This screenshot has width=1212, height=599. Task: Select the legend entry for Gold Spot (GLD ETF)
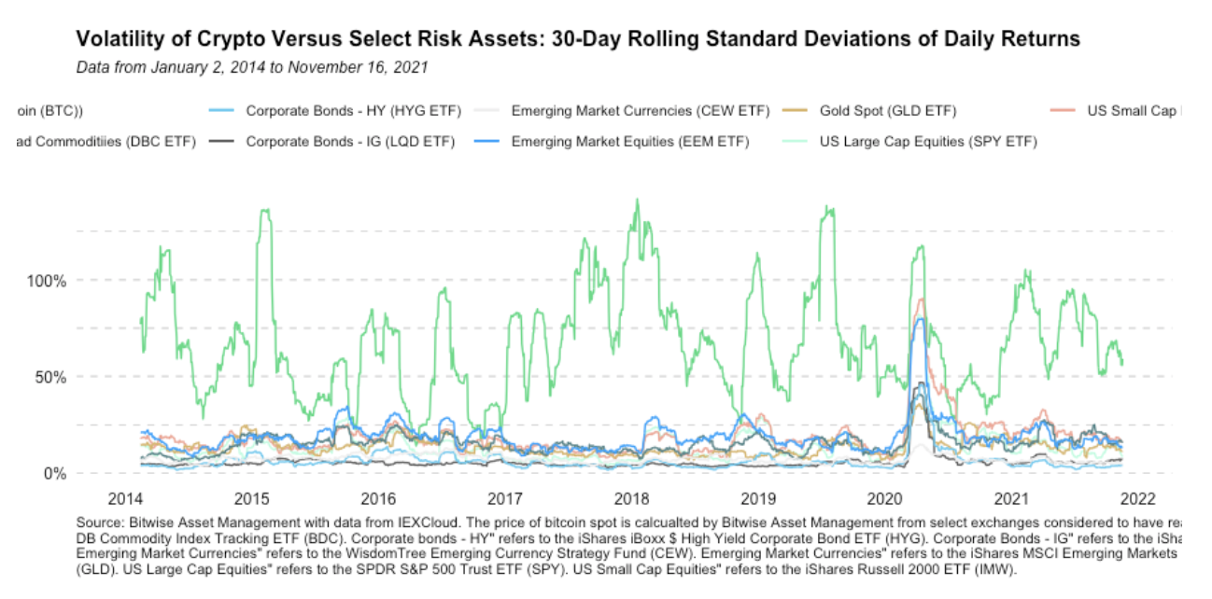[x=887, y=111]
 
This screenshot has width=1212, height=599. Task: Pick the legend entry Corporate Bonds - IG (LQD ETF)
[x=350, y=142]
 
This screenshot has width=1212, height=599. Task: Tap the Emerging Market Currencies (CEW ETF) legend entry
[x=640, y=111]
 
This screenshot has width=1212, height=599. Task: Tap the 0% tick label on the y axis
[x=54, y=474]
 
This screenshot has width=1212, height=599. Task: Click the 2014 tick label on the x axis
[x=124, y=495]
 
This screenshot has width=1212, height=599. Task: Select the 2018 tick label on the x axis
[x=631, y=495]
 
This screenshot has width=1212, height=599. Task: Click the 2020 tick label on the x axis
[x=884, y=495]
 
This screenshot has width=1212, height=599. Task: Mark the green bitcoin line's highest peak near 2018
[x=637, y=200]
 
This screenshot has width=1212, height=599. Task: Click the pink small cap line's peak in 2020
[x=921, y=299]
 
